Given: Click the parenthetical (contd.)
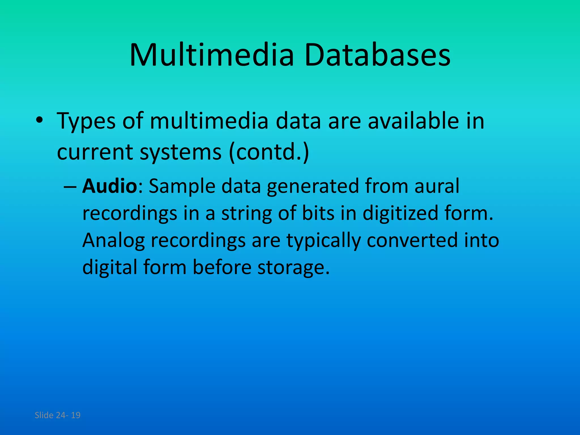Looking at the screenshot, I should click(x=269, y=152).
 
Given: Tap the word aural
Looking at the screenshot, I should click(x=437, y=186).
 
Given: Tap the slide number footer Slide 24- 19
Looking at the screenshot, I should click(x=57, y=415).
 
